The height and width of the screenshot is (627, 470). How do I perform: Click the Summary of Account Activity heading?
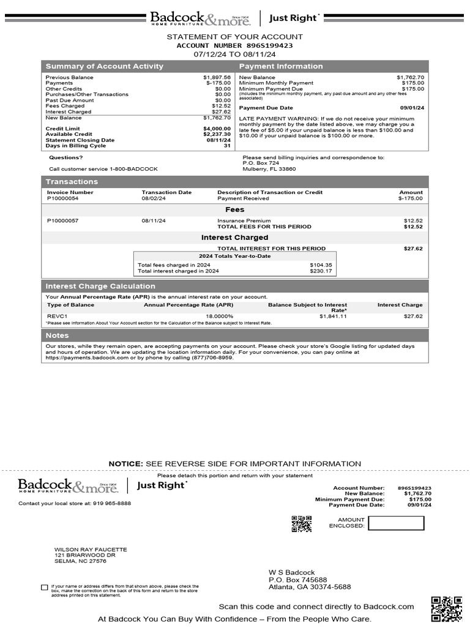click(105, 66)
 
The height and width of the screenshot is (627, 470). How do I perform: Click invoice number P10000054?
click(62, 198)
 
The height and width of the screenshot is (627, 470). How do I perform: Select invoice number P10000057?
click(62, 220)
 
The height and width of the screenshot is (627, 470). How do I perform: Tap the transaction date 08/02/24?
click(154, 198)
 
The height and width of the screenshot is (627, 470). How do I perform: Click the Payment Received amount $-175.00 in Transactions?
click(410, 198)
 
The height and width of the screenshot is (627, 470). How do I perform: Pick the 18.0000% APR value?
click(220, 316)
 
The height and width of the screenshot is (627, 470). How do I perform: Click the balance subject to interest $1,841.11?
click(333, 316)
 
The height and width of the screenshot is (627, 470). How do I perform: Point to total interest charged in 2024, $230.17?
click(321, 271)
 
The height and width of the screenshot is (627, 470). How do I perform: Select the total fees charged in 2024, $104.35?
click(321, 265)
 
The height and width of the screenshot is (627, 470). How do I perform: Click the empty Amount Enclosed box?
click(396, 523)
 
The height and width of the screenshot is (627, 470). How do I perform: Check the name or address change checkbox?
click(44, 587)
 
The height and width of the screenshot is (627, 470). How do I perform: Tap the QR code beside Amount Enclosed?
click(301, 524)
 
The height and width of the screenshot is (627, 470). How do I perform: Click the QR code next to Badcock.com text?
click(446, 609)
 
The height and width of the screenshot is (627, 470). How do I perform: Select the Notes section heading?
click(58, 336)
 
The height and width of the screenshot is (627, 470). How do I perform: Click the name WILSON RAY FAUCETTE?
click(91, 550)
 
